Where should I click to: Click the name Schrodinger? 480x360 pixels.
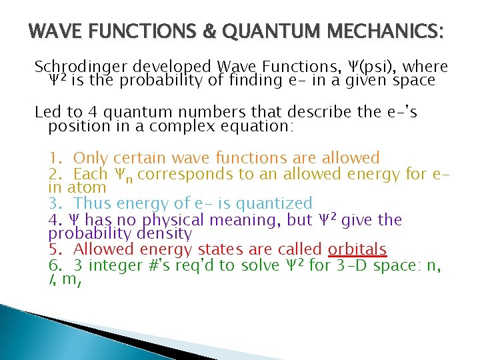81,67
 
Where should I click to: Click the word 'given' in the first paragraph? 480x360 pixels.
371,81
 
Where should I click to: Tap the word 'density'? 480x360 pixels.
163,233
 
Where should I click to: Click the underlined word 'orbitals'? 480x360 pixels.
357,250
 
